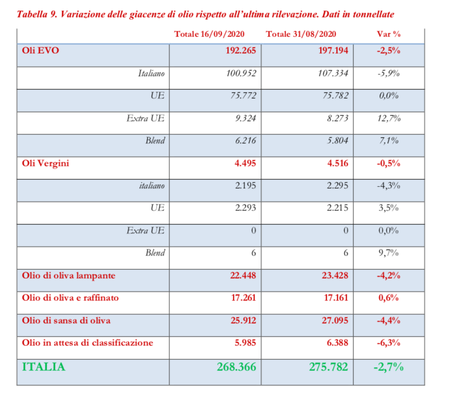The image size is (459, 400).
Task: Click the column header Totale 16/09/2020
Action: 210,34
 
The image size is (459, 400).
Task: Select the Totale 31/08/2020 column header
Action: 302,34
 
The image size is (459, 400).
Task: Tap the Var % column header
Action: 389,34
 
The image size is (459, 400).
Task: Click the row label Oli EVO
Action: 41,50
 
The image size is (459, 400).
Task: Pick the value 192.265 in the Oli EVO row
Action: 240,50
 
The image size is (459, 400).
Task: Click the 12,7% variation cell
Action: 390,118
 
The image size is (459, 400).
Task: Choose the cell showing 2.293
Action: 245,208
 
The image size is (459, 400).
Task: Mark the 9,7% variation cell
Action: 390,253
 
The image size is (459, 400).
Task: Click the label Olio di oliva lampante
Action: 69,276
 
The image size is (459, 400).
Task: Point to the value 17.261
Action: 242,298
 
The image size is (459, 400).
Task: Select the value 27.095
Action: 336,321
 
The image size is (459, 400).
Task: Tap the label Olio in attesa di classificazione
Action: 87,343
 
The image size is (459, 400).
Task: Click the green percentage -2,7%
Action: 388,367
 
